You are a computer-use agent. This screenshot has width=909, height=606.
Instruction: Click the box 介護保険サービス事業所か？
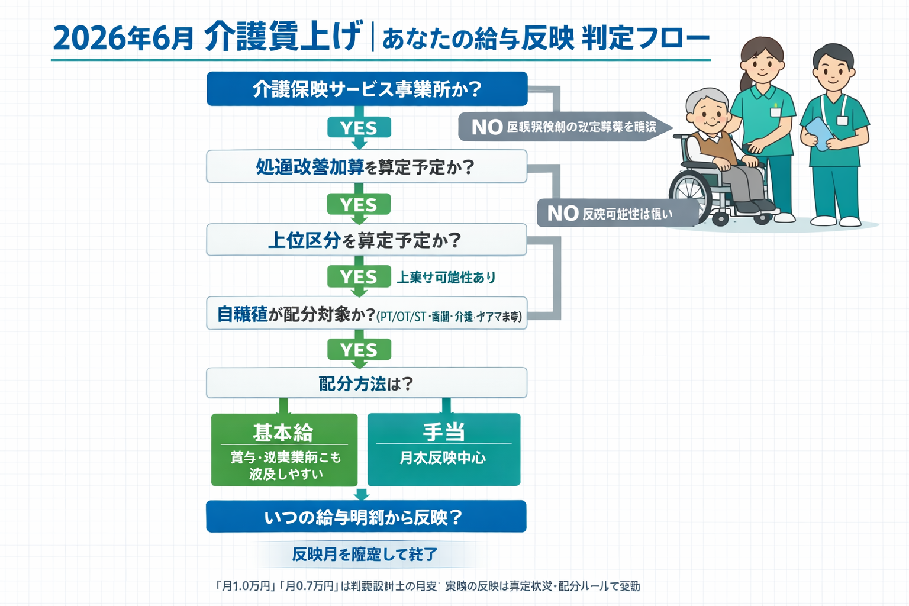click(x=366, y=89)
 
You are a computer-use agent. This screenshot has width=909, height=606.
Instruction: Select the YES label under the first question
click(x=359, y=128)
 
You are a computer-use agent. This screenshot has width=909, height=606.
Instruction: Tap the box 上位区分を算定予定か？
click(x=366, y=240)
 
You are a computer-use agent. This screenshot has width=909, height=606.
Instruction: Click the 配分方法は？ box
click(x=366, y=383)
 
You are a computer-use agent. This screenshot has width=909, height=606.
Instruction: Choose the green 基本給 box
click(x=284, y=450)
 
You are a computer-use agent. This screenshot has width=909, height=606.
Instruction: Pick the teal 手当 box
click(x=444, y=450)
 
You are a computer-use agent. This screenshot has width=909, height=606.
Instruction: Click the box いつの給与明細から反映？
click(x=366, y=517)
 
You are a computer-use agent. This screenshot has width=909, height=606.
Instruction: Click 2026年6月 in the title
click(x=123, y=38)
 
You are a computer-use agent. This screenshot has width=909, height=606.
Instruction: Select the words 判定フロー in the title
click(x=645, y=38)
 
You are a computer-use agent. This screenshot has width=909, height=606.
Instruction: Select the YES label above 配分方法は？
click(x=359, y=350)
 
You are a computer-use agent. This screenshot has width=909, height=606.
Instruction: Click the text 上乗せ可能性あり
click(x=446, y=277)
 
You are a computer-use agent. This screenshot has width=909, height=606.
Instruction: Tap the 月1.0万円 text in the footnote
click(x=246, y=586)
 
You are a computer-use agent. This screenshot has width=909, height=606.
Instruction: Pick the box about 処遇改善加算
click(x=366, y=167)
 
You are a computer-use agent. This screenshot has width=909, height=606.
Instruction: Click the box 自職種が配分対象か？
click(x=366, y=314)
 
